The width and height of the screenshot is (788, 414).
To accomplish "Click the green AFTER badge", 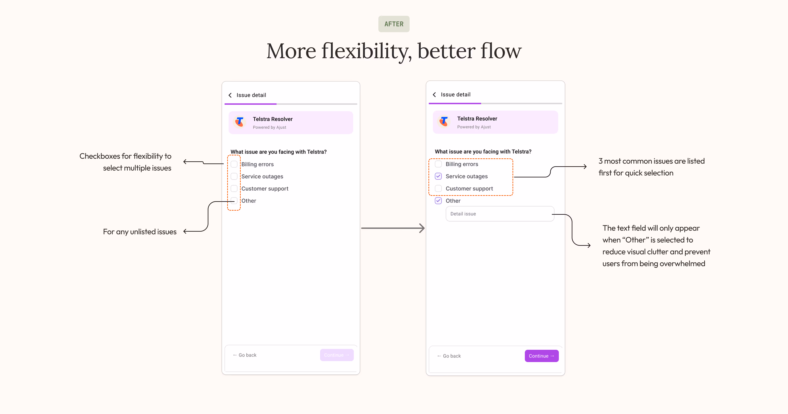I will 394,24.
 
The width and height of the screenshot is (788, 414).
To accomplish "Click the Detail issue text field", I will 500,214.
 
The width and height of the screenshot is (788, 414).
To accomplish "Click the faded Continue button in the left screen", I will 337,355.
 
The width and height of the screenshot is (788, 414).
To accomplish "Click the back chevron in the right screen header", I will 434,95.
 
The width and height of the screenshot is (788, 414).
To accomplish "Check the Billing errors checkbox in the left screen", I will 234,164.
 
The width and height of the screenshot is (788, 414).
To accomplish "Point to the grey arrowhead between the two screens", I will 422,228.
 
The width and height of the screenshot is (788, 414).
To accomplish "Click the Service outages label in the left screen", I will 262,176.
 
